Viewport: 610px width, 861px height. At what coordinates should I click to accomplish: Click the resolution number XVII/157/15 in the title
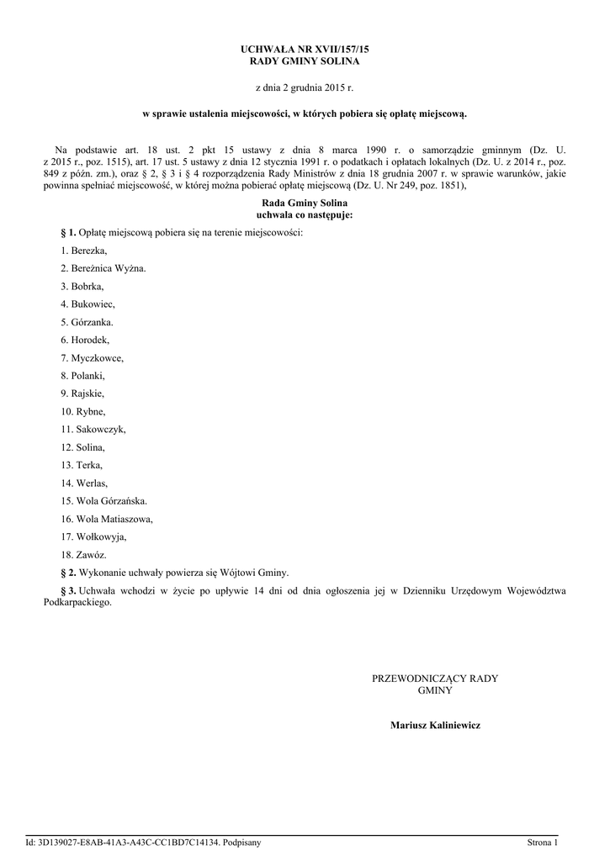tap(337, 50)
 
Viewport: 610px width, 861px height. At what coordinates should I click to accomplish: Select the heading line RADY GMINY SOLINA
tap(305, 62)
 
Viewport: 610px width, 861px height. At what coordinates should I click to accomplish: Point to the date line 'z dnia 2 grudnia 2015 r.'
tap(305, 87)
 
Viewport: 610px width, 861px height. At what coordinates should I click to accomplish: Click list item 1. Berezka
tap(84, 250)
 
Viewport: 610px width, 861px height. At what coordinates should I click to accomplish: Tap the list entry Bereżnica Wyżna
tap(103, 268)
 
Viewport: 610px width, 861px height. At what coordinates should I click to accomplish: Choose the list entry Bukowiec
tap(88, 304)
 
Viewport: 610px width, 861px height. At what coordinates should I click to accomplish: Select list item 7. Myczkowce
tap(92, 357)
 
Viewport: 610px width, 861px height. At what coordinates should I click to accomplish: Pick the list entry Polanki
tap(82, 375)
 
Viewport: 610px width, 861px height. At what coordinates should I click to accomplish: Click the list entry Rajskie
tap(82, 393)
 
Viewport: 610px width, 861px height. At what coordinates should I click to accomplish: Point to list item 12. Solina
tap(82, 446)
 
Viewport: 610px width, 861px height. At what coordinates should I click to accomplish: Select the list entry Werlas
tap(83, 483)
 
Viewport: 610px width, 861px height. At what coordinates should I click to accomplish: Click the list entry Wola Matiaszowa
tap(107, 519)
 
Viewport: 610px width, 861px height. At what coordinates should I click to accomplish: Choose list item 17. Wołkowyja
tap(93, 536)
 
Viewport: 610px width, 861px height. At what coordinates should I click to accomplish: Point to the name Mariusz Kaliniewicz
tap(435, 725)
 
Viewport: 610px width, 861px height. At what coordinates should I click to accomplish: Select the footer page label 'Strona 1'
tap(542, 843)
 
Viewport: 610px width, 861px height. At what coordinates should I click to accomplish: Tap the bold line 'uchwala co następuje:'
tap(305, 215)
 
